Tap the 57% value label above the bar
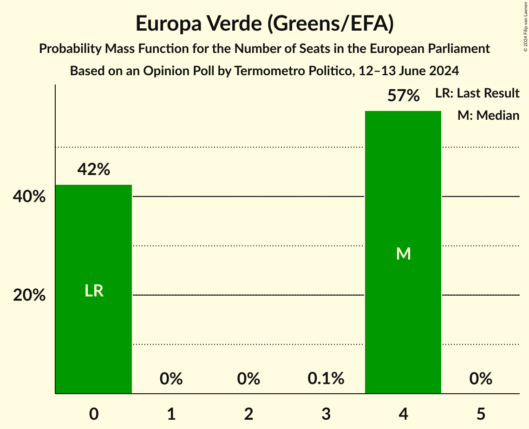[x=404, y=96]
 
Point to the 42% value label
[x=94, y=170]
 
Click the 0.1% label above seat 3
[x=326, y=379]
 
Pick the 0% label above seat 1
[x=171, y=379]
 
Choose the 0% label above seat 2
[x=248, y=379]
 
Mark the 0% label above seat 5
[x=481, y=379]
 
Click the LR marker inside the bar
[x=94, y=291]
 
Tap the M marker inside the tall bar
[x=404, y=253]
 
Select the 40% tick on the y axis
[x=29, y=197]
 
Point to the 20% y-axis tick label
[x=29, y=295]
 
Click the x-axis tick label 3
[x=326, y=414]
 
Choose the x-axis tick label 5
[x=481, y=414]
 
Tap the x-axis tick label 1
[x=171, y=414]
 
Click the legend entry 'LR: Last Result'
[x=477, y=93]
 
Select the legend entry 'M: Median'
[x=488, y=115]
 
